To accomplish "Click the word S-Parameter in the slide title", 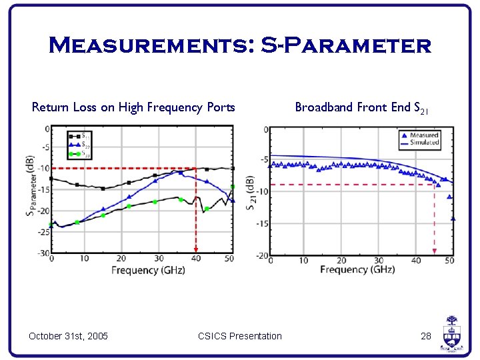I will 346,45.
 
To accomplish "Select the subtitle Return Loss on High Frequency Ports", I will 133,107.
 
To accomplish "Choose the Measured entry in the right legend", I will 419,135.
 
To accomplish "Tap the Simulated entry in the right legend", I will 419,143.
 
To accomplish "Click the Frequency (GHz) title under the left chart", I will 144,270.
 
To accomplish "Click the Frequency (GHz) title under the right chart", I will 357,269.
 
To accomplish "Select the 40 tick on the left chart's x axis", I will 195,259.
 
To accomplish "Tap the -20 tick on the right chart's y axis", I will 261,256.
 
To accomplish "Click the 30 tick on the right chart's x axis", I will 379,261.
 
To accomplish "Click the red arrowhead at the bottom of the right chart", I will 435,251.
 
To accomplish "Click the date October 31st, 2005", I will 69,335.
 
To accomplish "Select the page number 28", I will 426,335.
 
